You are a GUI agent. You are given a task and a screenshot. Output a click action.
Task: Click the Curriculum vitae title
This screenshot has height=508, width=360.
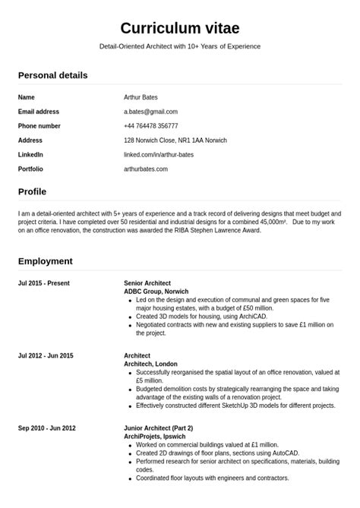180,28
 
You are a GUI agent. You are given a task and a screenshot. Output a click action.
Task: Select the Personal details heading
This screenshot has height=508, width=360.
52,75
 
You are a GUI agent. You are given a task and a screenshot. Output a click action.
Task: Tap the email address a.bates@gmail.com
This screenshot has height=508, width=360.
150,112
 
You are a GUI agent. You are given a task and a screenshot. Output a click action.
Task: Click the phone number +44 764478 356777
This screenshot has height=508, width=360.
151,126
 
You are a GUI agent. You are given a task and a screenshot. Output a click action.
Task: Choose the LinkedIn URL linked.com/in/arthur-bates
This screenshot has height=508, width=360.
159,155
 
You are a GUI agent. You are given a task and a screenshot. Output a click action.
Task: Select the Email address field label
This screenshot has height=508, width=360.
39,112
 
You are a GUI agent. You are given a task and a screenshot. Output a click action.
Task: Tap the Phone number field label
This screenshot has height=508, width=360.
39,126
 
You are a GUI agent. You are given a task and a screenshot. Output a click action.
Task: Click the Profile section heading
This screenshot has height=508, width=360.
32,191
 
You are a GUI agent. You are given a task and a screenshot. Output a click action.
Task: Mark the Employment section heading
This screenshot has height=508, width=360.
46,261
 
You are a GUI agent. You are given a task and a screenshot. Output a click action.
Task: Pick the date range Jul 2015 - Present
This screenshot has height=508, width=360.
44,283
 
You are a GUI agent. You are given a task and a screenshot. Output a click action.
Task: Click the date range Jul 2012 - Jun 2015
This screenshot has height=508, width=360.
46,355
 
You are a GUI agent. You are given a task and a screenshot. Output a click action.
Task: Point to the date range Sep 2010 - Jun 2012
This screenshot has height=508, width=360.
47,428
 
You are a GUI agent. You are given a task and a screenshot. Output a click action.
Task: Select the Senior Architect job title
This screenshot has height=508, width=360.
147,283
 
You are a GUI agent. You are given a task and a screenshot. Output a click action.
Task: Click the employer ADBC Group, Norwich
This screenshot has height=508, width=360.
156,292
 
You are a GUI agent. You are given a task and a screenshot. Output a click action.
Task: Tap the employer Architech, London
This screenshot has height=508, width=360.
150,364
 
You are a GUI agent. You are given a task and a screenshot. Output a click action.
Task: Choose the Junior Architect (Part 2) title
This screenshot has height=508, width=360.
158,428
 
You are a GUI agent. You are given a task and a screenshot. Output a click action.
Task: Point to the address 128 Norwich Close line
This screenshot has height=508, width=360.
175,140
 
